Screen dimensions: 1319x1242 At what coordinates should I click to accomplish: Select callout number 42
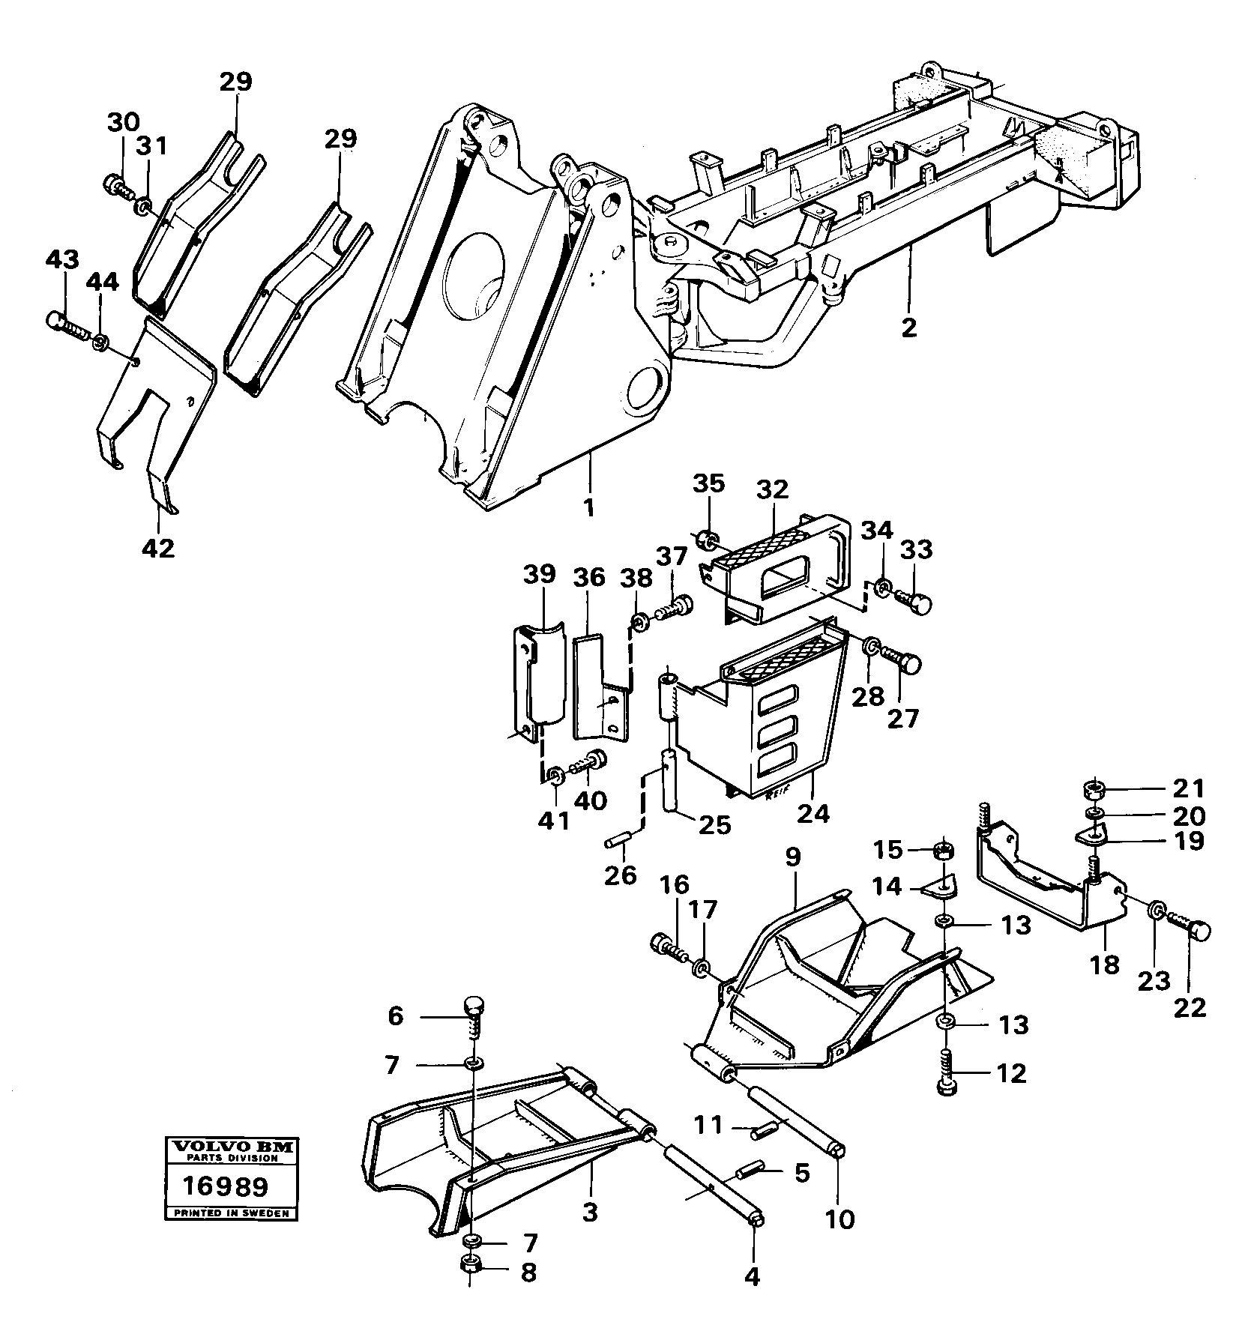click(x=157, y=549)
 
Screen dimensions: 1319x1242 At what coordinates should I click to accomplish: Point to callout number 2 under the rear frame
click(x=908, y=328)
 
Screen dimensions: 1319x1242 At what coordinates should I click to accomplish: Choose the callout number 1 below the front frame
click(x=589, y=509)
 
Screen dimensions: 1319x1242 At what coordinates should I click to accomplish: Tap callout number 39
click(x=540, y=575)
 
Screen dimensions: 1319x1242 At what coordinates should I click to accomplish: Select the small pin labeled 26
click(x=619, y=845)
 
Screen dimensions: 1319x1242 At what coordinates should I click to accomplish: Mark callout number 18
click(x=1105, y=965)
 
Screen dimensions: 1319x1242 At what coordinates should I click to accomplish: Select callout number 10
click(x=840, y=1219)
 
